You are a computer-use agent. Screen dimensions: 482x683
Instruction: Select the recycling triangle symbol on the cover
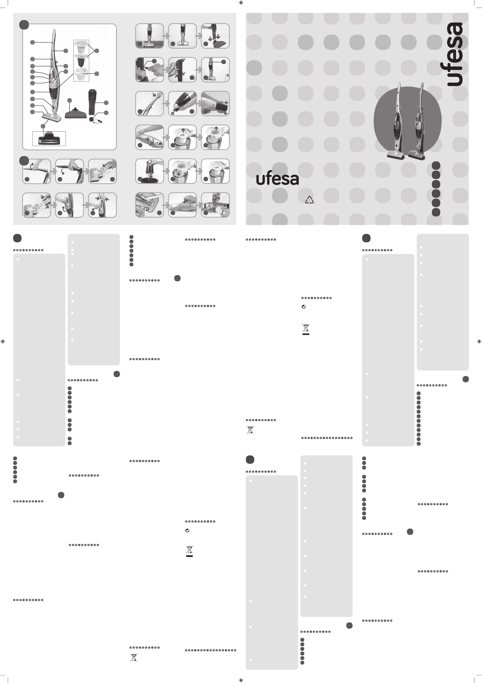[309, 200]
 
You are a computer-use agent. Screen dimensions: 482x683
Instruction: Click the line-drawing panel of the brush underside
[149, 205]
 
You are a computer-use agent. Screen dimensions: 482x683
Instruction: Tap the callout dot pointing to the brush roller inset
[43, 126]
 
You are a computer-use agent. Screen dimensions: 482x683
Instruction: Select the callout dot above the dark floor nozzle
[69, 100]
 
